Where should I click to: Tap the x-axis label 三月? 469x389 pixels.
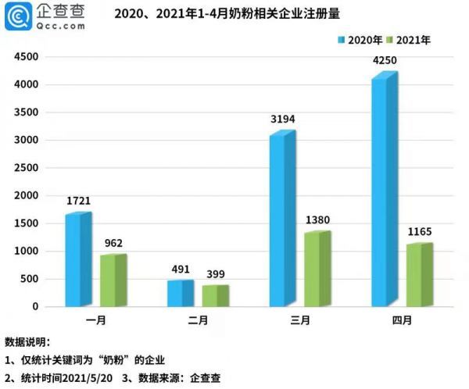297,320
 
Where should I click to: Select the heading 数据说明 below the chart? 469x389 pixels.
27,342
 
